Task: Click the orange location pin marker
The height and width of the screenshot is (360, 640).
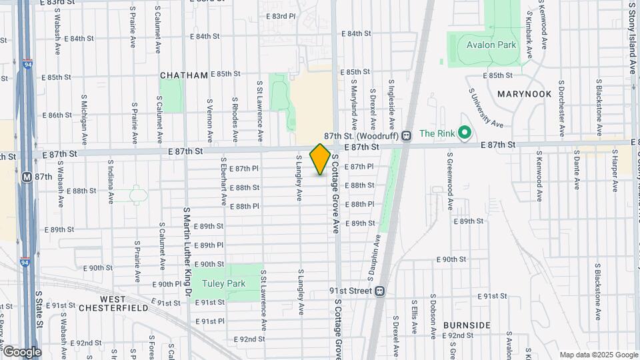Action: tap(320, 159)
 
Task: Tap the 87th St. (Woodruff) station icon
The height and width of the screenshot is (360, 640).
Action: tap(405, 135)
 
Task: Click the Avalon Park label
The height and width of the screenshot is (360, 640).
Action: tap(492, 45)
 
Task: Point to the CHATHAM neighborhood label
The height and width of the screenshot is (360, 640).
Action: tap(183, 75)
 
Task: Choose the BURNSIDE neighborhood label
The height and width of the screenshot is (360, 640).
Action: tap(467, 325)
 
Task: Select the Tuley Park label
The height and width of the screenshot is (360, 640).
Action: tap(225, 283)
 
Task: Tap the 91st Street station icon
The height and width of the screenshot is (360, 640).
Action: tap(380, 291)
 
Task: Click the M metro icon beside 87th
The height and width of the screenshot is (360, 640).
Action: tap(27, 177)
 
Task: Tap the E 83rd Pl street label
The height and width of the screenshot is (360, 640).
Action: tap(280, 16)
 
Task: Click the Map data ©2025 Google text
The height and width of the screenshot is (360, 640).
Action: tap(598, 355)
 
